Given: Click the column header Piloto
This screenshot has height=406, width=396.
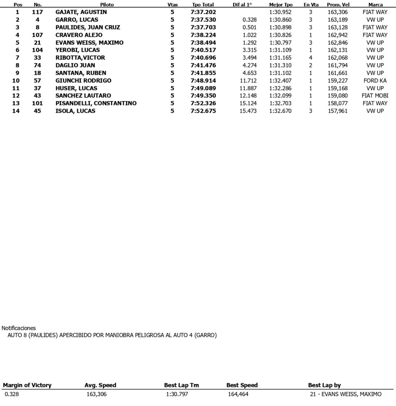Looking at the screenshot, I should click(107, 5).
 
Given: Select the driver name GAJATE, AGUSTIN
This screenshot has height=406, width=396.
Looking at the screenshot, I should click(81, 12).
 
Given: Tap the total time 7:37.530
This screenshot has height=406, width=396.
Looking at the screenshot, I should click(203, 20).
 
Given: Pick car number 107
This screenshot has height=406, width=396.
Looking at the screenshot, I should click(37, 35).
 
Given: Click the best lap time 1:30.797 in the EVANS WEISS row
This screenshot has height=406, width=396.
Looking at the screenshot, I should click(280, 43).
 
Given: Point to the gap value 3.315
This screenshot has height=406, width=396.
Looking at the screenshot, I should click(249, 50).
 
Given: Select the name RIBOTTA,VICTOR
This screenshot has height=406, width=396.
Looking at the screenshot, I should click(80, 58).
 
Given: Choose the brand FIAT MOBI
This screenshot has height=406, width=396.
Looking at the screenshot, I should click(375, 96).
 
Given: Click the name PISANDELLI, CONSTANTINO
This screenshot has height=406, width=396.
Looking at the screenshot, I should click(96, 103).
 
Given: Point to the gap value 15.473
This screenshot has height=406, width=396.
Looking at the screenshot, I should click(247, 111).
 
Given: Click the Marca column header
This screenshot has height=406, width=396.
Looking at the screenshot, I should click(376, 5).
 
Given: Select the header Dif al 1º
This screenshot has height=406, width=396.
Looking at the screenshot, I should click(242, 5).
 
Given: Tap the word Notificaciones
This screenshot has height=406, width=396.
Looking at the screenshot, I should click(19, 328).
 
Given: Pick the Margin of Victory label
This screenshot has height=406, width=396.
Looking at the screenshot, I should click(27, 385).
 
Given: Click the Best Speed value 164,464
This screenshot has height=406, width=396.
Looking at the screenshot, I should click(238, 394).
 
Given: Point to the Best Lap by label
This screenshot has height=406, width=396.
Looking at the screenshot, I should click(324, 385).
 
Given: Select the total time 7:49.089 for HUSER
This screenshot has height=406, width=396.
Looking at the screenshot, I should click(203, 88).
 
